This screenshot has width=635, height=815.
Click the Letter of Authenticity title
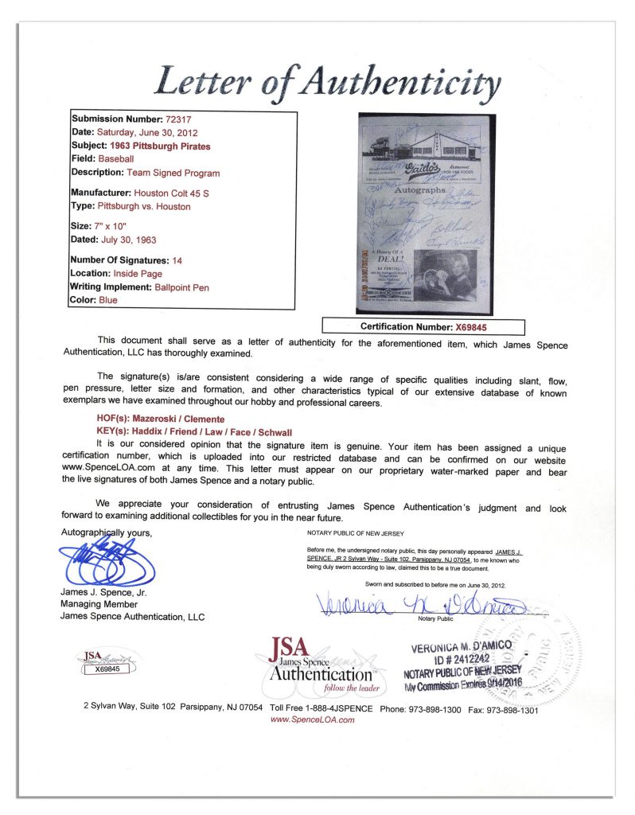[329, 81]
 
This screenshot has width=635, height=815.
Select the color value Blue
[107, 301]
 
